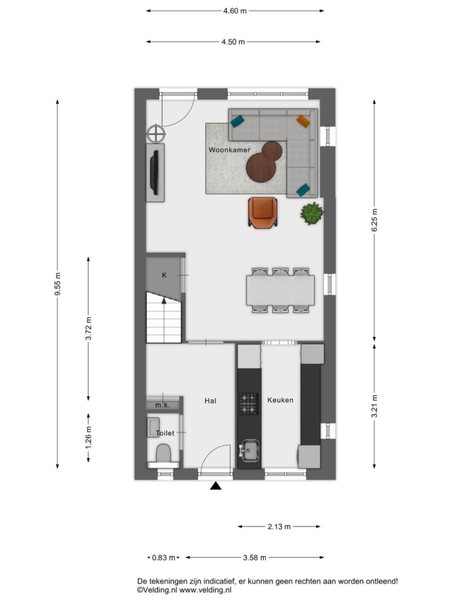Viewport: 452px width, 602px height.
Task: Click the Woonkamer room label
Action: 229,150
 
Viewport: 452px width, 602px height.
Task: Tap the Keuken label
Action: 280,400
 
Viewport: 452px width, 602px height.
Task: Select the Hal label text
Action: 210,400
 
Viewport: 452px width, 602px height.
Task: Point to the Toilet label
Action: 165,433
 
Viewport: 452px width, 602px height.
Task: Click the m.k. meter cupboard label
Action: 163,404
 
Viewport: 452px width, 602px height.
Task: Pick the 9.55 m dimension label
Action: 58,284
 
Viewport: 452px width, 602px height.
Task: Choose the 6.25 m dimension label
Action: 374,220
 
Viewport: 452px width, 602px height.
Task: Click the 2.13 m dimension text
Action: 279,527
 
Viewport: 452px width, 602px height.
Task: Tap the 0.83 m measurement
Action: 164,557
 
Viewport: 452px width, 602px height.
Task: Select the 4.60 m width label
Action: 234,11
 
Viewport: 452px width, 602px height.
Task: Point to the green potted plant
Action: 312,213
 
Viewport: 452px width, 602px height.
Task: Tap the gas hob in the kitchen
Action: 249,403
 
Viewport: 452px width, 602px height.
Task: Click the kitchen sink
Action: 249,451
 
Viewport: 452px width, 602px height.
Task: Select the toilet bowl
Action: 163,453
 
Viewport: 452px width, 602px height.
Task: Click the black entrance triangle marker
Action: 216,486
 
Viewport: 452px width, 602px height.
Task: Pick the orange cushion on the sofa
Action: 303,121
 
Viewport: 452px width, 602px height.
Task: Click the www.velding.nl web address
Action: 205,590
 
